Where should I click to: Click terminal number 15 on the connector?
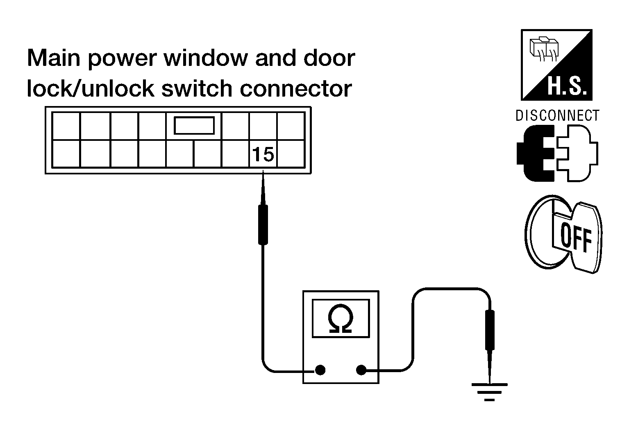(263, 154)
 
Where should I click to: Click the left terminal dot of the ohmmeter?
(320, 370)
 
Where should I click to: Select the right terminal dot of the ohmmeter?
(361, 370)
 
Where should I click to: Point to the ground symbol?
(489, 392)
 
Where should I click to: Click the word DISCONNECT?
(557, 115)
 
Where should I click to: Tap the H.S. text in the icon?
(567, 86)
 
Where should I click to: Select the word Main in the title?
(54, 58)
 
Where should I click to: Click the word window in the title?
(206, 58)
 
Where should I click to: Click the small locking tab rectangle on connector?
(194, 125)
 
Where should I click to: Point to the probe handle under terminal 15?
(263, 225)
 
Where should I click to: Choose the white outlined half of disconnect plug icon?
(577, 153)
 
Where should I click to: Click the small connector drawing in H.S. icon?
(544, 49)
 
